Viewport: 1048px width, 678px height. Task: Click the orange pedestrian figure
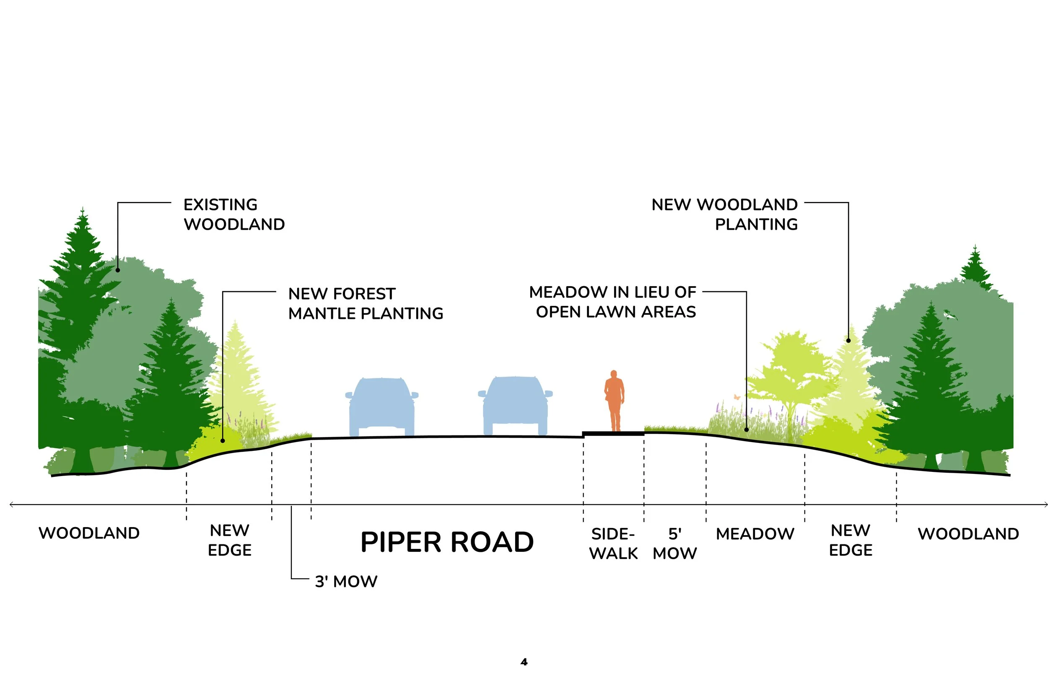[x=614, y=401]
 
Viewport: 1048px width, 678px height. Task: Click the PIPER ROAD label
[x=447, y=542]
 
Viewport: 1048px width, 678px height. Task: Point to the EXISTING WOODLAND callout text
[x=234, y=215]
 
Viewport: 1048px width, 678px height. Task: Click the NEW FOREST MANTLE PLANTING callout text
[x=366, y=303]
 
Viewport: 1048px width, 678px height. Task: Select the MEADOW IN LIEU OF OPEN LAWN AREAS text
[x=612, y=302]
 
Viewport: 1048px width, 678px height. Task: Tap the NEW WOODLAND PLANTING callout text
[x=724, y=215]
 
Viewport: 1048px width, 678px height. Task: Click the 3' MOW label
[x=346, y=582]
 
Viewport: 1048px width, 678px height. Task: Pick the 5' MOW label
[x=674, y=544]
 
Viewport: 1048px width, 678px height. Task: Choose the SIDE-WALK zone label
[x=613, y=544]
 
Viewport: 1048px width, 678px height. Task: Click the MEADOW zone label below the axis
[x=755, y=534]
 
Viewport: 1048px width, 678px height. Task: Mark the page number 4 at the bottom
[x=524, y=662]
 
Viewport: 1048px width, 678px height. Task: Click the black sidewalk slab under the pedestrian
[x=614, y=434]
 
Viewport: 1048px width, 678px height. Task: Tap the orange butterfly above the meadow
[x=737, y=397]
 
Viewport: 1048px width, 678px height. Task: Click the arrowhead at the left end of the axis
[x=11, y=505]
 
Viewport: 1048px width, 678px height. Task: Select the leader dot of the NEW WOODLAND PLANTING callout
[x=848, y=340]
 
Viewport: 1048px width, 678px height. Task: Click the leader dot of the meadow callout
[x=746, y=430]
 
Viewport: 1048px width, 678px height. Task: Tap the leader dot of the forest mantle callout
[x=223, y=441]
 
